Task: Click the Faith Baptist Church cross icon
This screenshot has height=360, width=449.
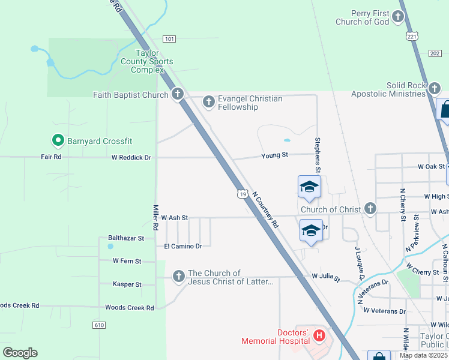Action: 178,94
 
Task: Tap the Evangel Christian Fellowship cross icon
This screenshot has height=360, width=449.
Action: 209,102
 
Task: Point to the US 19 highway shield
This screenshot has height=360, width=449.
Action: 242,194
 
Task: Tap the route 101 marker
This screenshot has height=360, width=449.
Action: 169,39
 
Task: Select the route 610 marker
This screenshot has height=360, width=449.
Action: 100,325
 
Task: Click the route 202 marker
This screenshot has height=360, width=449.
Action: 435,53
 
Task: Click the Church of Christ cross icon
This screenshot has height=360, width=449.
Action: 370,209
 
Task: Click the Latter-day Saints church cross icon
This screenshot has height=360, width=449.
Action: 178,277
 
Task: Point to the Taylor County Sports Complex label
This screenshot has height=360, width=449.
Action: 146,61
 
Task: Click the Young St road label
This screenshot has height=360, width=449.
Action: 275,155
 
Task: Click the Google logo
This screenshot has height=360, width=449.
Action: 20,353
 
